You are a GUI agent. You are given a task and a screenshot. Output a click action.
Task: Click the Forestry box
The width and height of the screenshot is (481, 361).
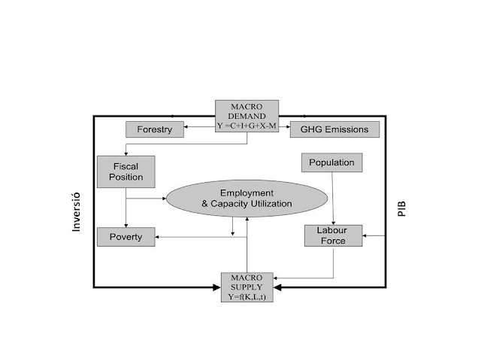pyautogui.click(x=154, y=129)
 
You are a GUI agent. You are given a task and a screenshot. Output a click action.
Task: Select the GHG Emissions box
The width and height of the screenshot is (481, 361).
pyautogui.click(x=334, y=129)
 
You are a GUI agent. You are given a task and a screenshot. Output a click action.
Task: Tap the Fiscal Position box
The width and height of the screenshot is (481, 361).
pyautogui.click(x=126, y=171)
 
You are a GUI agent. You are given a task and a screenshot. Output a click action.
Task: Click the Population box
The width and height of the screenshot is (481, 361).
pyautogui.click(x=331, y=162)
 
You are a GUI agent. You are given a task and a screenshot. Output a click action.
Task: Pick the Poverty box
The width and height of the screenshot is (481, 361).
pyautogui.click(x=126, y=237)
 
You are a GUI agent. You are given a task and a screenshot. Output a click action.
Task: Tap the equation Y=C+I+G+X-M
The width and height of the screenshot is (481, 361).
pyautogui.click(x=247, y=129)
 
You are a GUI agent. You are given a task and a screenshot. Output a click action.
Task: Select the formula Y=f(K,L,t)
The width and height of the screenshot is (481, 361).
pyautogui.click(x=247, y=296)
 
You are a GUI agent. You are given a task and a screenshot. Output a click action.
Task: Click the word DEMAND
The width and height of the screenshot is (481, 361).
pyautogui.click(x=247, y=117)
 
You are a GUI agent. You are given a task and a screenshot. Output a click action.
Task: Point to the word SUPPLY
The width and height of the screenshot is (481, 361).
pyautogui.click(x=247, y=287)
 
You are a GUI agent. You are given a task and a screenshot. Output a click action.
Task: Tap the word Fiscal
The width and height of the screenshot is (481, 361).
pyautogui.click(x=126, y=165)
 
